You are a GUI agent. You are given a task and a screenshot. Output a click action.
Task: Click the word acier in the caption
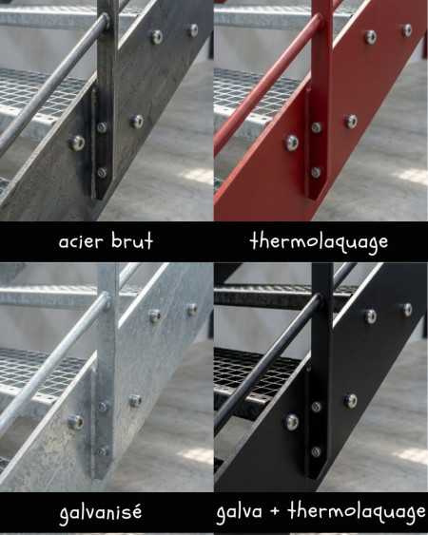coord(81,242)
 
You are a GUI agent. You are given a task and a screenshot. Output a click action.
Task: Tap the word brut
coord(132,240)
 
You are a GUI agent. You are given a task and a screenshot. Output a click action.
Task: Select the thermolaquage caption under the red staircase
coord(319,242)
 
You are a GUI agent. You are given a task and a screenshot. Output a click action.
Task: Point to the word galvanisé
coord(101,512)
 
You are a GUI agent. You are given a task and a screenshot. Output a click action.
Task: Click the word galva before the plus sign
coord(239,512)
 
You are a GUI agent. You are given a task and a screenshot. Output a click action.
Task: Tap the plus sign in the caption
coord(275,512)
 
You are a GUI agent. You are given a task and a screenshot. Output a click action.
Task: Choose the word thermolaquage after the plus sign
coord(357,512)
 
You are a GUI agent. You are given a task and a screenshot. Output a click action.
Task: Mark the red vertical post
coord(322,99)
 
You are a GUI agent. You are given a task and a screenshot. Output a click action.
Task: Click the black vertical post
coord(321,371)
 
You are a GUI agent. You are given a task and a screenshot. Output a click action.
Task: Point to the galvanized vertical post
coord(107,371)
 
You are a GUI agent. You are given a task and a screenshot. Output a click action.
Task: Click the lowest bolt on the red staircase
coord(316,173)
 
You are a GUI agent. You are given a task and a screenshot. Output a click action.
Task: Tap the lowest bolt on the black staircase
coord(316,451)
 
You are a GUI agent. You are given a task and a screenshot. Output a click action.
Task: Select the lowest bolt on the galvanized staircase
coord(102,451)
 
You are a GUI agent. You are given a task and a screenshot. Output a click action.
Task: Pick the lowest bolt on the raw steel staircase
coord(102,173)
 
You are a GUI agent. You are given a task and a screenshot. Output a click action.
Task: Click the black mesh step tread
coord(255,375)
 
